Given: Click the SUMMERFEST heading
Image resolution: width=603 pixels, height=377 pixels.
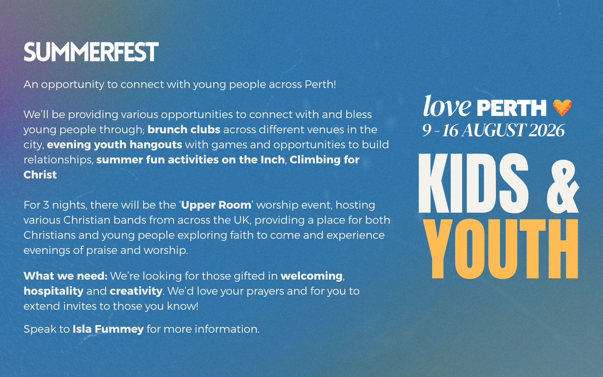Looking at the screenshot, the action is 91,52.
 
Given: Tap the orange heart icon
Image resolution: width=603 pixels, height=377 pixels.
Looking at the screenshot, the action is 562,108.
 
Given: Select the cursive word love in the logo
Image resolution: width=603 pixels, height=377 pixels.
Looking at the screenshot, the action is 447,106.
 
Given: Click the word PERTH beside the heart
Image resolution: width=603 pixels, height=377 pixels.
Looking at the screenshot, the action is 512,108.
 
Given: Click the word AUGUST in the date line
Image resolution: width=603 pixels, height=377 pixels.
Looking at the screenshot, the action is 494,130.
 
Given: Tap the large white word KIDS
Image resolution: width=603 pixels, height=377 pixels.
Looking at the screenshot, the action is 474,183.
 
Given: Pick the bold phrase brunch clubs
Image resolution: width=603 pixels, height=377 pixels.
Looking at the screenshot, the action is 184,129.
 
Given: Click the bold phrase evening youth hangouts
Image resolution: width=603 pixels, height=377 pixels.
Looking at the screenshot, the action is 114,145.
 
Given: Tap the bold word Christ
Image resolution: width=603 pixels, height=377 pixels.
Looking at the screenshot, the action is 40,175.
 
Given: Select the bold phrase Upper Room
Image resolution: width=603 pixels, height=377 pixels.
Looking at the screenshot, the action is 216,205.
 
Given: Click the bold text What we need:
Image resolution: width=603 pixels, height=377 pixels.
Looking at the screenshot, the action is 65,276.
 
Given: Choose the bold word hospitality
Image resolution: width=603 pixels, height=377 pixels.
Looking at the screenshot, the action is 53,291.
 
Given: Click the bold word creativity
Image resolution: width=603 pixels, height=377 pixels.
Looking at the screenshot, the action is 136,291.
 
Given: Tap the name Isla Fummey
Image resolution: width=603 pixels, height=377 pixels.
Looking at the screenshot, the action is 108,329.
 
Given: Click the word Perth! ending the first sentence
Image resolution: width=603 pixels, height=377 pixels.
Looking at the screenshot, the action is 320,85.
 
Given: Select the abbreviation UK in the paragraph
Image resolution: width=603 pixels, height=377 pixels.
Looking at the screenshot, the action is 242,220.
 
